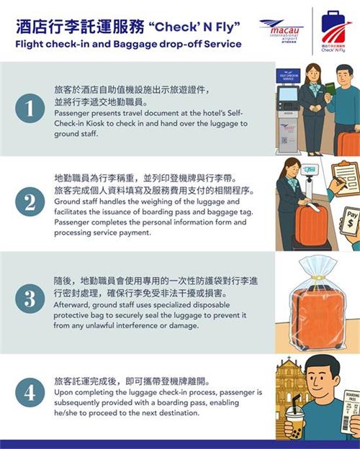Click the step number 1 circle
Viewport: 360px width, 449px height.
coord(30,108)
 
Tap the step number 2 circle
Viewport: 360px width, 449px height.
coord(30,202)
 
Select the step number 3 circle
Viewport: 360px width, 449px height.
coord(30,299)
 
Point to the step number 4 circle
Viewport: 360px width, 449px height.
coord(30,393)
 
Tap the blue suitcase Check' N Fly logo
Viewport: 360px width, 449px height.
coord(334,31)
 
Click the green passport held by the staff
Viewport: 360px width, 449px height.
coord(330,90)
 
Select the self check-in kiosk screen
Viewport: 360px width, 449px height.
coord(288,94)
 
